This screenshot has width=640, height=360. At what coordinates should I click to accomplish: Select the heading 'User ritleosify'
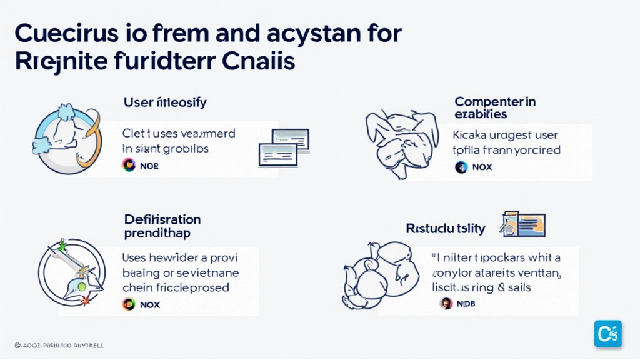(x=166, y=101)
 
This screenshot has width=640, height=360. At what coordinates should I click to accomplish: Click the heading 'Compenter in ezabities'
(x=495, y=107)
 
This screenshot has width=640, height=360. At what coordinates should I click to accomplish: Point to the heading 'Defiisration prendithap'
(x=162, y=226)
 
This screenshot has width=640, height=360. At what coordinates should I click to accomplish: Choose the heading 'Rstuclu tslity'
(x=446, y=228)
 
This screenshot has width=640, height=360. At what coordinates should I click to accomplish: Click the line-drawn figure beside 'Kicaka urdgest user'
(x=401, y=142)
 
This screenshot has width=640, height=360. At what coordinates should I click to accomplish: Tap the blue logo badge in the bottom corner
(x=607, y=333)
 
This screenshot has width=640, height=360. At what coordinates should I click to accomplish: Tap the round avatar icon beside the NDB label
(x=446, y=304)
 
